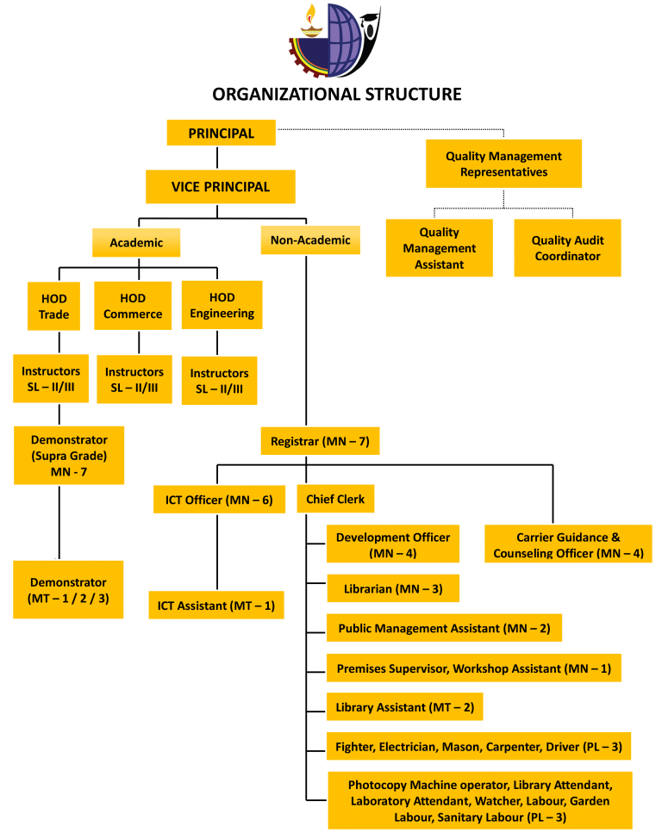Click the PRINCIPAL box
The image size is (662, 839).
(221, 133)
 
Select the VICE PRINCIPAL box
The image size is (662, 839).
(221, 187)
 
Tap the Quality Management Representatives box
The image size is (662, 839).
(503, 164)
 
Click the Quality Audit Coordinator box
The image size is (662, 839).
(567, 248)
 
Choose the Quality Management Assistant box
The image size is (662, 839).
(439, 248)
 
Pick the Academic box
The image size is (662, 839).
(136, 243)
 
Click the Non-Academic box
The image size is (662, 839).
(310, 240)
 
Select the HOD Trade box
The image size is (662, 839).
(53, 306)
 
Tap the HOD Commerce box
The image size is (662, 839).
(133, 306)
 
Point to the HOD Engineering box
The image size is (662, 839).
(222, 305)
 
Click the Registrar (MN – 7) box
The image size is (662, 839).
(320, 441)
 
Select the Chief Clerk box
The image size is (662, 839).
(335, 499)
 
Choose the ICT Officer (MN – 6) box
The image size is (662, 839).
(219, 500)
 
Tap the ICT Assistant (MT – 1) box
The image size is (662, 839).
(215, 606)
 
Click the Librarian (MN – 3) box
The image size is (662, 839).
(392, 589)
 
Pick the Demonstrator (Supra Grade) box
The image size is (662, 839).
(69, 455)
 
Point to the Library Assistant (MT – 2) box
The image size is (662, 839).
(404, 707)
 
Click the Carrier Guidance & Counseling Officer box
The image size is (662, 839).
(568, 544)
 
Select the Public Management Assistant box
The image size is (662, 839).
(444, 628)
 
